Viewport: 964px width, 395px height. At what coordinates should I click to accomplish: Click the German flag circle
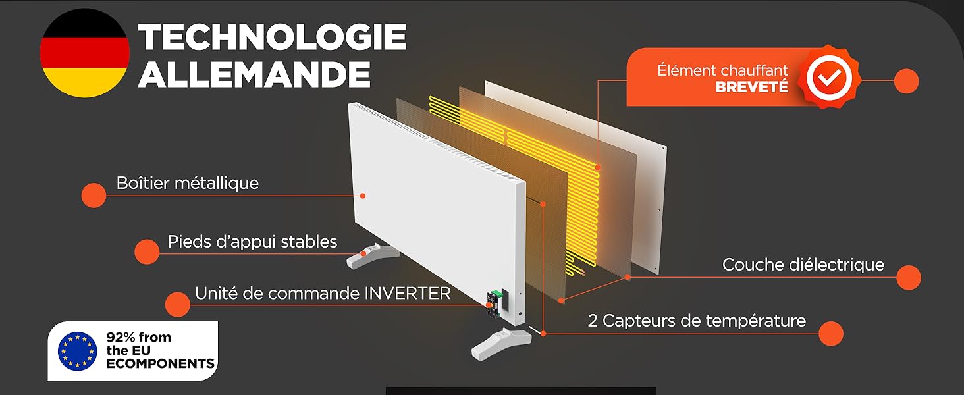(x=84, y=53)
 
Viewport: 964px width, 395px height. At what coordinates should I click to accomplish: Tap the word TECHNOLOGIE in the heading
(x=272, y=37)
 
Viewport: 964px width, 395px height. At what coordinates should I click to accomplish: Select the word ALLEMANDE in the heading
(x=254, y=74)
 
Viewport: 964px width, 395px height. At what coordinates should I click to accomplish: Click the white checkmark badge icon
(x=829, y=78)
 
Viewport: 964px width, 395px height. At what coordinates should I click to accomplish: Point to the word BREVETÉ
(x=751, y=87)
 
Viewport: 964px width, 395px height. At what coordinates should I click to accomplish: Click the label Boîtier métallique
(x=188, y=183)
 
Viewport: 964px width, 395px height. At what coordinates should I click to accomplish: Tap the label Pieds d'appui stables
(x=252, y=242)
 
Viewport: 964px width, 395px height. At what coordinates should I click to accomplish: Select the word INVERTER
(x=408, y=294)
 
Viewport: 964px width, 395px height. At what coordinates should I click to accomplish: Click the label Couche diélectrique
(x=803, y=265)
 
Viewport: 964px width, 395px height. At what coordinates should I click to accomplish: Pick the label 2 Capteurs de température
(x=697, y=321)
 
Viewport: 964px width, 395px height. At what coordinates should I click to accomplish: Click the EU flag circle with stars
(x=78, y=351)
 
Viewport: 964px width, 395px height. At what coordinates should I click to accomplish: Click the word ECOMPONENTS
(x=160, y=363)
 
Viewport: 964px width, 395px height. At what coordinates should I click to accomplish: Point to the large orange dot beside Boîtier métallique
(x=94, y=196)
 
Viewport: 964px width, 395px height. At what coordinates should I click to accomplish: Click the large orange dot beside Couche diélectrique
(x=909, y=278)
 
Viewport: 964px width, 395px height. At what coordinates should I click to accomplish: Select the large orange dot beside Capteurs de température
(x=830, y=334)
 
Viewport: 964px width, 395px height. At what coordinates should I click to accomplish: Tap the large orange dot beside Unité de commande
(x=178, y=305)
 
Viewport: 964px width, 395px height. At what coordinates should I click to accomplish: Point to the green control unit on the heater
(x=495, y=305)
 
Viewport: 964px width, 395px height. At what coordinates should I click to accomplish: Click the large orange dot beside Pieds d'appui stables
(x=147, y=251)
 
